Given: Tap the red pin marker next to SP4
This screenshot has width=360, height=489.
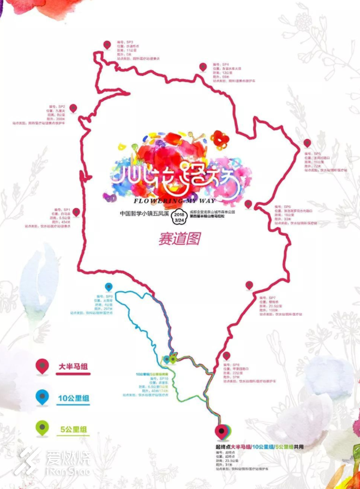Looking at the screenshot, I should tap(203, 67).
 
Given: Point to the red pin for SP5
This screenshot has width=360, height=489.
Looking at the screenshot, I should tap(307, 143).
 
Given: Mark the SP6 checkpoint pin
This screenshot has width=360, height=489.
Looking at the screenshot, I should tap(248, 204).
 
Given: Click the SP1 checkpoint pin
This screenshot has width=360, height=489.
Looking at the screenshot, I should tap(76, 212).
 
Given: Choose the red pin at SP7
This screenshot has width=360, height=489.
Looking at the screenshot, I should tap(249, 285).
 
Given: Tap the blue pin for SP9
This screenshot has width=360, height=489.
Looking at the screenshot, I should tap(109, 287).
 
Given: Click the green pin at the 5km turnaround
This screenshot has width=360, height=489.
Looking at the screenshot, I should tap(173, 359).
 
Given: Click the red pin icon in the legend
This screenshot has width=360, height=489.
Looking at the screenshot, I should tap(41, 366).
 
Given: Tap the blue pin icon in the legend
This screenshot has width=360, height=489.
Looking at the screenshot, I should tap(41, 398).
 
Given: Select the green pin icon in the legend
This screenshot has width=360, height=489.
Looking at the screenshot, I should tap(41, 429).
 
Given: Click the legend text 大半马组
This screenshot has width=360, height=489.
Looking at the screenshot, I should tap(73, 367).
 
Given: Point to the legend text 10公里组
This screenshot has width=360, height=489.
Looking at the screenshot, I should tap(73, 398).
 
